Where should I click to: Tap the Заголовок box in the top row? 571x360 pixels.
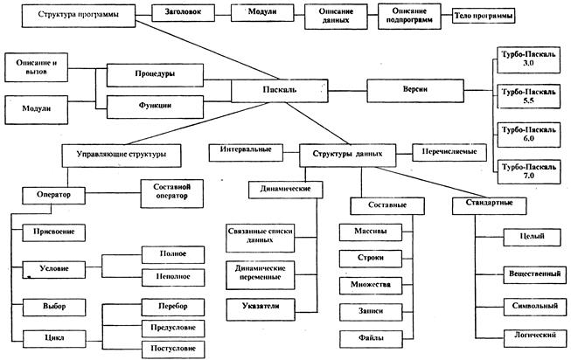click(181, 16)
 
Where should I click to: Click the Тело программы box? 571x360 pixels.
click(484, 17)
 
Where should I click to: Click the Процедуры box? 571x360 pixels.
click(153, 75)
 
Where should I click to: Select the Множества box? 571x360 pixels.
click(371, 285)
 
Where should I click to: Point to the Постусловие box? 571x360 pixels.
click(174, 349)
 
